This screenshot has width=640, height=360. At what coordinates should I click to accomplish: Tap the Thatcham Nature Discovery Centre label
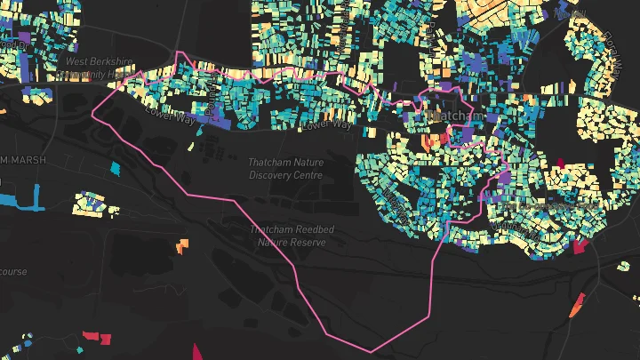[285, 169]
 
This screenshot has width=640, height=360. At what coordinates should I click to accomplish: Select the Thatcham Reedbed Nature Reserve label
[292, 236]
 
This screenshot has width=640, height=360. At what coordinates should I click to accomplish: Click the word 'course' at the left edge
[12, 271]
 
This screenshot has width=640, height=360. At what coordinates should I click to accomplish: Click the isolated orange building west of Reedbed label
[182, 244]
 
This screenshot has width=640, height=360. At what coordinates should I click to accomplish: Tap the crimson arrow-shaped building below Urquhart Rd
[581, 246]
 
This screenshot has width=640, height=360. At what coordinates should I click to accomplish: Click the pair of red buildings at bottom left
[98, 337]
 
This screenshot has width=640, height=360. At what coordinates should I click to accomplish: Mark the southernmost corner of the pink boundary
[372, 351]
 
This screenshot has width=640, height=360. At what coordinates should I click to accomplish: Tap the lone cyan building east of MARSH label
[114, 167]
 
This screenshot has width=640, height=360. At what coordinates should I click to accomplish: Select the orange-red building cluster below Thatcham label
[433, 140]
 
